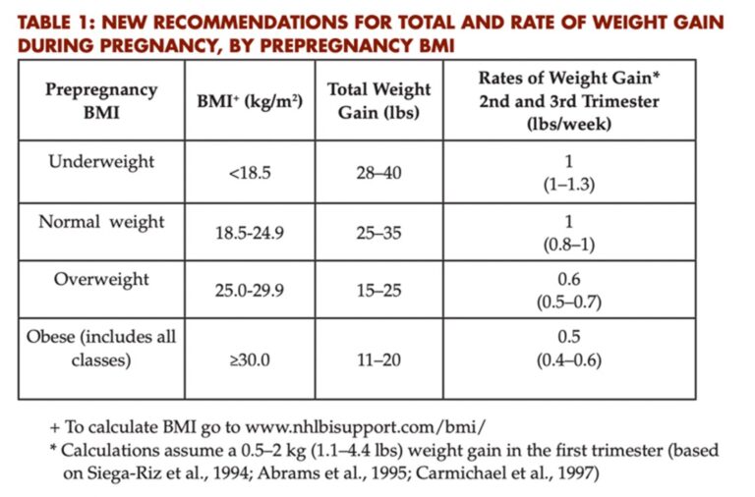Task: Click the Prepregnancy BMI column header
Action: (x=101, y=100)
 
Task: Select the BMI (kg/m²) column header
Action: (x=250, y=101)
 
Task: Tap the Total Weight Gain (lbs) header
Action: (x=378, y=100)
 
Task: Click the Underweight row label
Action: (x=101, y=162)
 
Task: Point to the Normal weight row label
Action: (x=101, y=222)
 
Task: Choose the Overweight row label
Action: (x=101, y=279)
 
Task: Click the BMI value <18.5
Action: (x=250, y=173)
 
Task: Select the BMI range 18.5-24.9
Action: (x=250, y=233)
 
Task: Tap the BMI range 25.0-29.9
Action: (x=250, y=290)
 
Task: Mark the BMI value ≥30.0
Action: (x=250, y=359)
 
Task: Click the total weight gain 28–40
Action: (x=378, y=173)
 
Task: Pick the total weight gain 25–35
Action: (x=378, y=233)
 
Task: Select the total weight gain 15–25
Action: (x=378, y=290)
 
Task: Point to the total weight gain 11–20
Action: (x=378, y=359)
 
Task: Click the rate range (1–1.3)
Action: (x=569, y=185)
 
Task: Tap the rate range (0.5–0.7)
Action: (x=569, y=303)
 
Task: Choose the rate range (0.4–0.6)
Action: (x=569, y=359)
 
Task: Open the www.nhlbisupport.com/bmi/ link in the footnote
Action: (x=366, y=427)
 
